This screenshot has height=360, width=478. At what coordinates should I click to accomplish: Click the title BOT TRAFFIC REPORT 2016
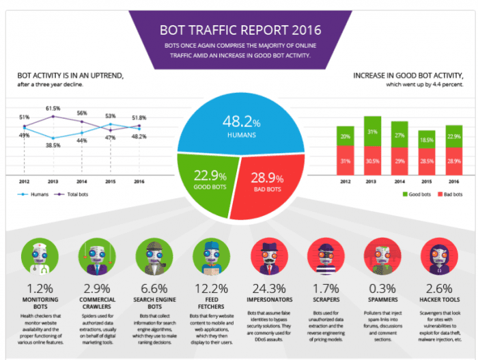click(x=238, y=31)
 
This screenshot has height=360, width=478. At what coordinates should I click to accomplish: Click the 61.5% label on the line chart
click(x=53, y=109)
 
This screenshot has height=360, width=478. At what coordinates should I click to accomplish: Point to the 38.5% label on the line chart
click(x=53, y=146)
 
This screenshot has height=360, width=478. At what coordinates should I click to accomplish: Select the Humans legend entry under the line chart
click(x=34, y=194)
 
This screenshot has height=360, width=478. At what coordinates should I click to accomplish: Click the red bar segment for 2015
click(x=426, y=161)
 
